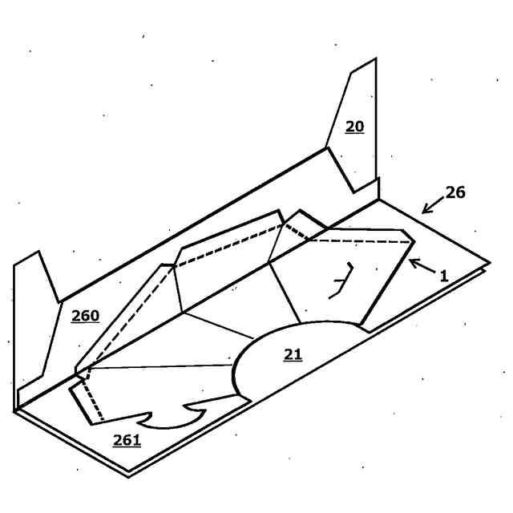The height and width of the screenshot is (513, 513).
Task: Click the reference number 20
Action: click(354, 127)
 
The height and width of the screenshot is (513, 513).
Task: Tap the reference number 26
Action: click(454, 192)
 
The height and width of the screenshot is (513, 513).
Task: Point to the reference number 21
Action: click(293, 353)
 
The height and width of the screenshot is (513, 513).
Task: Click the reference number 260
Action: click(85, 316)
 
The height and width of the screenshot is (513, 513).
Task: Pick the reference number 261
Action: click(127, 439)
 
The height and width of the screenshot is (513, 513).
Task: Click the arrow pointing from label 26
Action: click(433, 205)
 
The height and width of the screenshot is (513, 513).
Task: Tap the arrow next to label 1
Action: click(420, 265)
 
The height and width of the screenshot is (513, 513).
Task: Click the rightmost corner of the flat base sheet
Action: click(490, 262)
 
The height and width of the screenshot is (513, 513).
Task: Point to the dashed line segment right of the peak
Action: click(353, 240)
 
